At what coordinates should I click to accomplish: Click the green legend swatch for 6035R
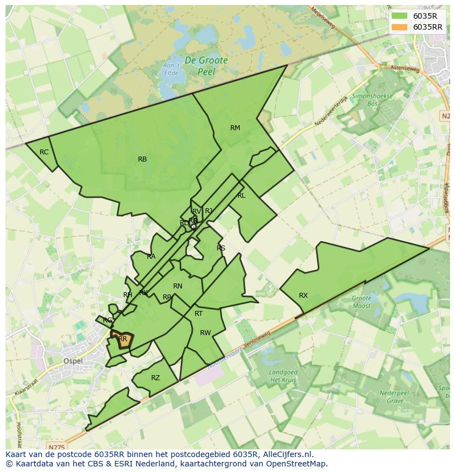click(x=399, y=16)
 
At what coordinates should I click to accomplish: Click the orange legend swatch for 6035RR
click(x=399, y=27)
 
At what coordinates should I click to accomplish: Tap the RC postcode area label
click(x=44, y=152)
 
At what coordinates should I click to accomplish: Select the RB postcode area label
click(x=142, y=159)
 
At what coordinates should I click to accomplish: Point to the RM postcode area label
click(x=235, y=128)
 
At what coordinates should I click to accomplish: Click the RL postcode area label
click(x=241, y=196)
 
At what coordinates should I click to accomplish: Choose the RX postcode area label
click(x=303, y=296)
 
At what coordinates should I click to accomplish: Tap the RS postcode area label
click(x=221, y=248)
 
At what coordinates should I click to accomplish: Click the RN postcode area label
click(x=177, y=286)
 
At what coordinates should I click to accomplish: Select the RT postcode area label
click(x=198, y=314)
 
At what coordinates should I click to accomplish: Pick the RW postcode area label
click(x=206, y=333)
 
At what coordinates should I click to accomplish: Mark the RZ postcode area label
click(x=156, y=378)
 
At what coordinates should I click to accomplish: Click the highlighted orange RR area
click(x=123, y=339)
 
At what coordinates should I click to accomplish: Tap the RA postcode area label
click(x=151, y=257)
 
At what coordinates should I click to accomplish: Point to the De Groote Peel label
click(x=206, y=65)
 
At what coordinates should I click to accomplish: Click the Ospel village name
click(x=74, y=361)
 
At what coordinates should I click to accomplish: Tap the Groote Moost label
click(x=361, y=302)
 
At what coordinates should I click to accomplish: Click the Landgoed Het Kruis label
click(x=282, y=376)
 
